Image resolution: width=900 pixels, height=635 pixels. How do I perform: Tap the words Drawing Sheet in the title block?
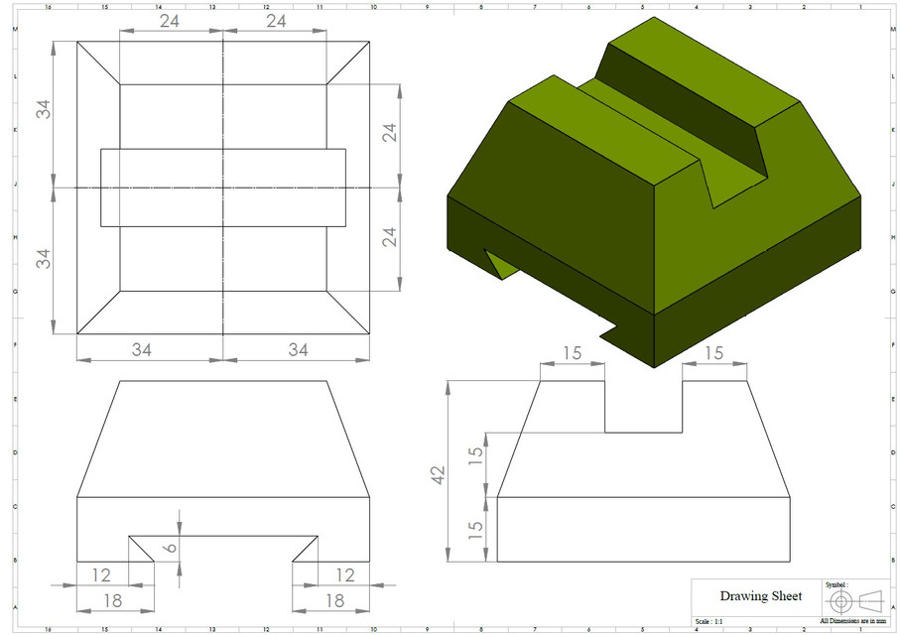(760, 596)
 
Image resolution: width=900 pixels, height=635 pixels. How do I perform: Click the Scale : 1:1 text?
(710, 621)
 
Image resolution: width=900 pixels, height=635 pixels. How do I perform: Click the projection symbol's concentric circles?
(840, 601)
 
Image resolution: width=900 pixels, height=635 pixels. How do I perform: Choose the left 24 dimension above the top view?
(170, 21)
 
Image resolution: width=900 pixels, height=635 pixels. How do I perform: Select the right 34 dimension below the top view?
(298, 349)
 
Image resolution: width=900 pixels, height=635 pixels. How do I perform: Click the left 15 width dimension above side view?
(572, 354)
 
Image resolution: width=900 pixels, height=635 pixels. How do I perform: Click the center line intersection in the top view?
(223, 188)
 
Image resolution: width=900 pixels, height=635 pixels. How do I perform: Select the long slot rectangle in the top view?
(223, 188)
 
